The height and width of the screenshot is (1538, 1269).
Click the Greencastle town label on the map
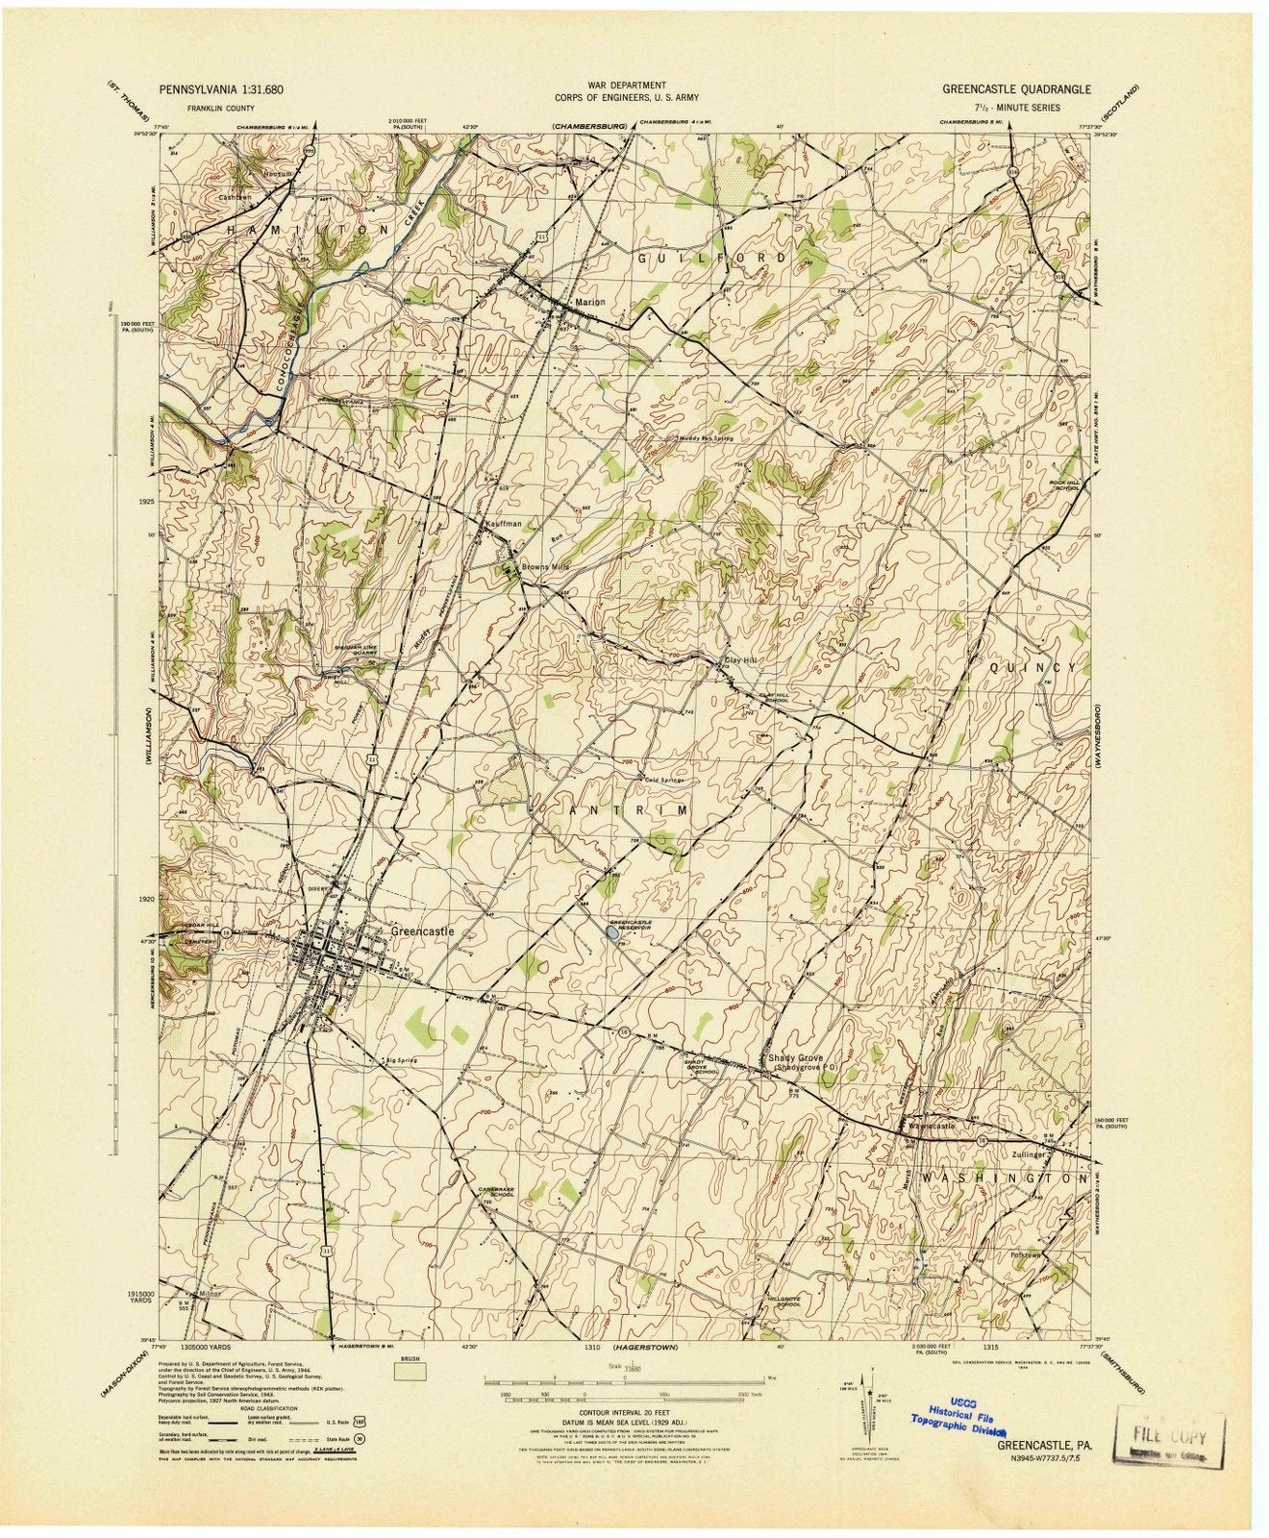421,931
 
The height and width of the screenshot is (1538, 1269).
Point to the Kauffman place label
503,524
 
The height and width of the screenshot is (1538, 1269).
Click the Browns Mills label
546,567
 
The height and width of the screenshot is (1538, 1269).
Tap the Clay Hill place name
741,661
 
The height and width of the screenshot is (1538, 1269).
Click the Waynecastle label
931,1126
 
